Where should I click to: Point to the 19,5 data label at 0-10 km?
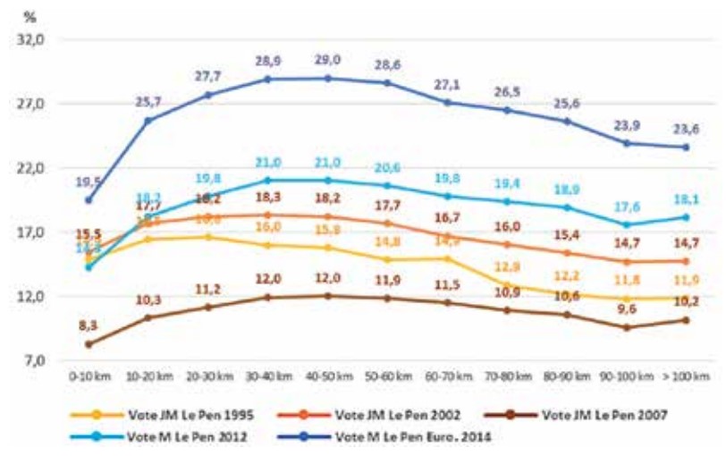(x=88, y=182)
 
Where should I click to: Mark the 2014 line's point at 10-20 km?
(x=148, y=121)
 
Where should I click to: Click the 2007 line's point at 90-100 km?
(x=626, y=327)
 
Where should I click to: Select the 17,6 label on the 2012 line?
(x=626, y=207)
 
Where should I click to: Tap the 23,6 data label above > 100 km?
(x=686, y=128)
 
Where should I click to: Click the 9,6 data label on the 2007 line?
(x=626, y=310)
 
